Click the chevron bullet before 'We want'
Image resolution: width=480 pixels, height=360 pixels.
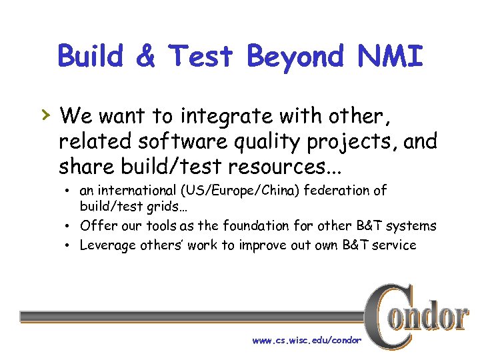(44, 116)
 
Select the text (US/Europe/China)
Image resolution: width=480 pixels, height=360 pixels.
(240, 190)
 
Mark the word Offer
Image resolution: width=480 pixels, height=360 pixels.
(97, 225)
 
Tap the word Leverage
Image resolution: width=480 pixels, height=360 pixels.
(107, 245)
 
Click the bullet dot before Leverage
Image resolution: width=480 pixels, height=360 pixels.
(69, 245)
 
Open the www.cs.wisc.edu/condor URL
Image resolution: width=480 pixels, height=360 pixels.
(307, 341)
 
